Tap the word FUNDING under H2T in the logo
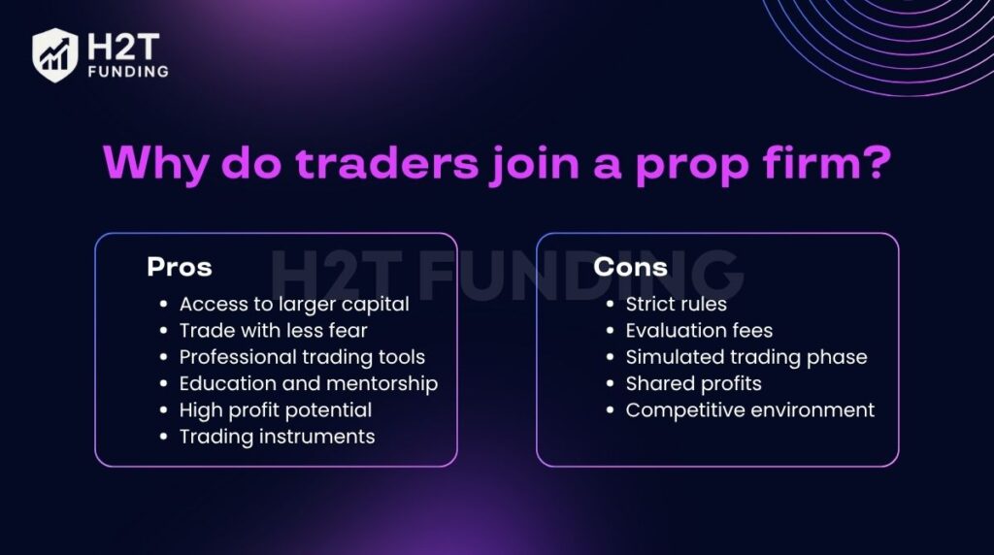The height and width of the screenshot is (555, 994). pos(126,71)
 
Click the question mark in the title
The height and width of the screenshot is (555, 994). pos(873,163)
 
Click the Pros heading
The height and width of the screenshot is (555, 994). pos(180,267)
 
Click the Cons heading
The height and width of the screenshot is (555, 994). pos(631,267)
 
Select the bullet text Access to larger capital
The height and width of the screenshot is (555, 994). pos(294,304)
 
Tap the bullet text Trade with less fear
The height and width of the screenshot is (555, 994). pos(273,331)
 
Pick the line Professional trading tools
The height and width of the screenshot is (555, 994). pos(302,357)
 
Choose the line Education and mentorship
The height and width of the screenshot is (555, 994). pos(309,383)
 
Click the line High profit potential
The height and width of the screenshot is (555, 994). pos(276,410)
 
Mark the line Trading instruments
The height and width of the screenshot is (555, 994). pos(277,437)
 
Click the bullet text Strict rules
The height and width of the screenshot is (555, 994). pos(676,304)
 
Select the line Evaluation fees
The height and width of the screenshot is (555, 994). pos(699,331)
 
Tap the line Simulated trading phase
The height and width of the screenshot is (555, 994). pos(746,357)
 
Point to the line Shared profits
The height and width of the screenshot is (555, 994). pos(693,383)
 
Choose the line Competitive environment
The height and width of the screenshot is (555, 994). pos(750,410)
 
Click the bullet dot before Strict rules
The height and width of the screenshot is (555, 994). pos(610,305)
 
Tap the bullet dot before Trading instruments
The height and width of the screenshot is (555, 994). pos(163,438)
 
